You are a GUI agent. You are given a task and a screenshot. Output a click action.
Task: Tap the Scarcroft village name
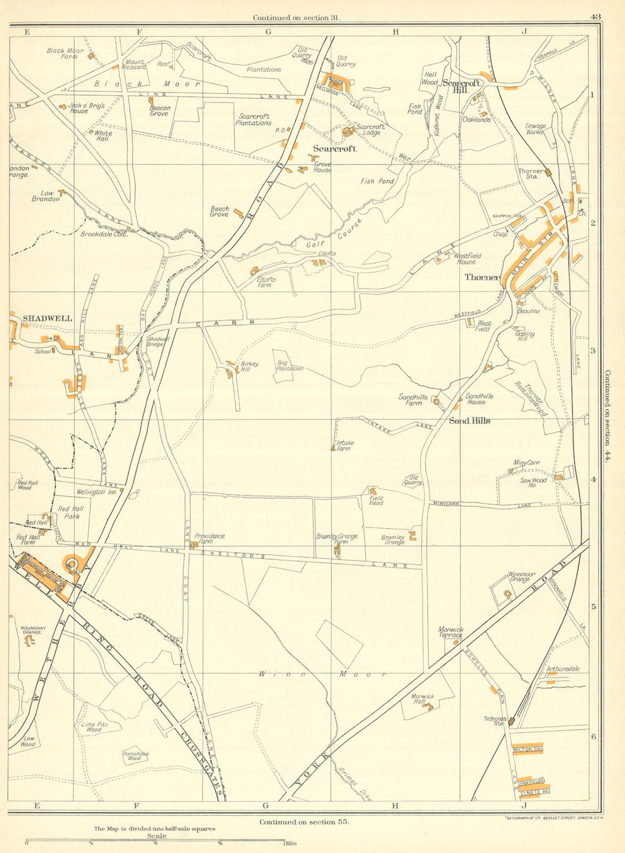coord(334,149)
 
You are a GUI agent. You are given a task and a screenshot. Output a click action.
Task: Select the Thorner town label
coord(482,277)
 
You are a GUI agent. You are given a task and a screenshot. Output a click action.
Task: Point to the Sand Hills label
coord(470,421)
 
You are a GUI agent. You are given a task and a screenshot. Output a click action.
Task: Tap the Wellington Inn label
coord(96,492)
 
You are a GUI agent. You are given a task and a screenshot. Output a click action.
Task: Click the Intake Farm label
coord(344,446)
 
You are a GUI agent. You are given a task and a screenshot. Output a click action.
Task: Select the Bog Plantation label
coord(289,366)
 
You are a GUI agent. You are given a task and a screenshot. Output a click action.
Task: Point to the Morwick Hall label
coord(422,699)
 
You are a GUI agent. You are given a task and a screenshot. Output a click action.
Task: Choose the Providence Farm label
coord(209,539)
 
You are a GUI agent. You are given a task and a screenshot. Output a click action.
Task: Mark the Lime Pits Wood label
coord(94,727)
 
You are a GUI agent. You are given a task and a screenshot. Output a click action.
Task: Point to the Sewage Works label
coord(536,129)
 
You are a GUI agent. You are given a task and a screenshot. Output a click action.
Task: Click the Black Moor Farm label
coord(65,54)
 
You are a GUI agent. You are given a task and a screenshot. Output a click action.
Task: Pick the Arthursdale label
coord(563,669)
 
